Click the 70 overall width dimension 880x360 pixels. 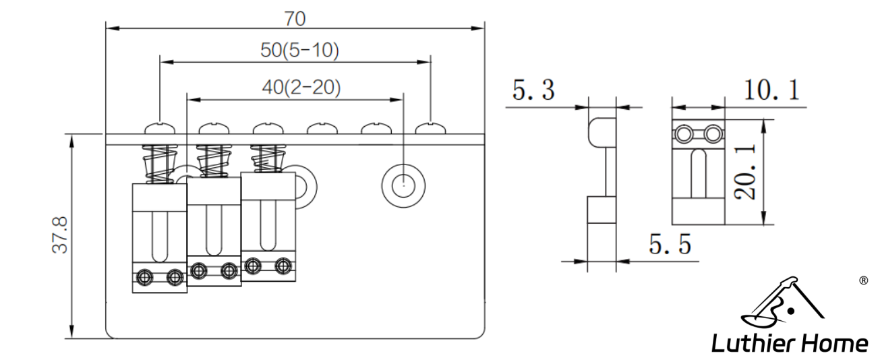(295, 18)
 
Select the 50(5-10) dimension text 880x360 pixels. (299, 51)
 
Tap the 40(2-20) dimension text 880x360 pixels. (301, 87)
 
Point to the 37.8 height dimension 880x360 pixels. (60, 235)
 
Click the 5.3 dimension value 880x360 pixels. (533, 90)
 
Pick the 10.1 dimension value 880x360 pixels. (772, 90)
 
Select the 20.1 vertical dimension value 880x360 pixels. (745, 172)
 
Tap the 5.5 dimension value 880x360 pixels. (670, 244)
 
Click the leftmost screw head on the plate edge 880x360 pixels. (160, 129)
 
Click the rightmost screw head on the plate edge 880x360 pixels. (431, 129)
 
